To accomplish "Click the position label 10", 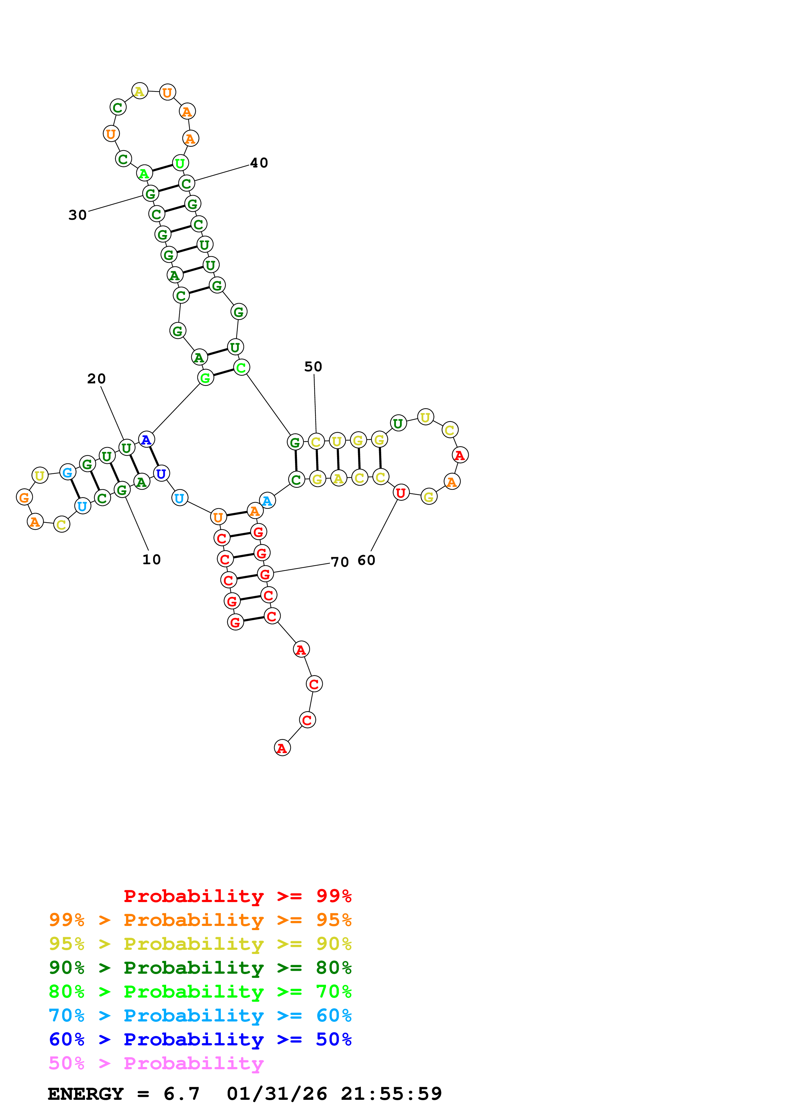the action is (151, 559).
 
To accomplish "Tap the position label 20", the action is (96, 379).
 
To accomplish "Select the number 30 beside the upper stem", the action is (77, 215).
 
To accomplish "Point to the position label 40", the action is (259, 163).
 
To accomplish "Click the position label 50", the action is (313, 367).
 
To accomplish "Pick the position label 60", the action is (366, 560).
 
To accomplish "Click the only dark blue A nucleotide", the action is (146, 440).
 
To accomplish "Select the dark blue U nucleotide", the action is (161, 473).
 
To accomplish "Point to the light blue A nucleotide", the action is (267, 501).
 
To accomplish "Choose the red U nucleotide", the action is (401, 493).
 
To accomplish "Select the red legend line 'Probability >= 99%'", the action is (237, 896).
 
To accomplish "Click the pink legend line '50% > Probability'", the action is (156, 1064).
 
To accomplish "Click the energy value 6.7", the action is (181, 1094).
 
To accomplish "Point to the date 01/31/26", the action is (277, 1094).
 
